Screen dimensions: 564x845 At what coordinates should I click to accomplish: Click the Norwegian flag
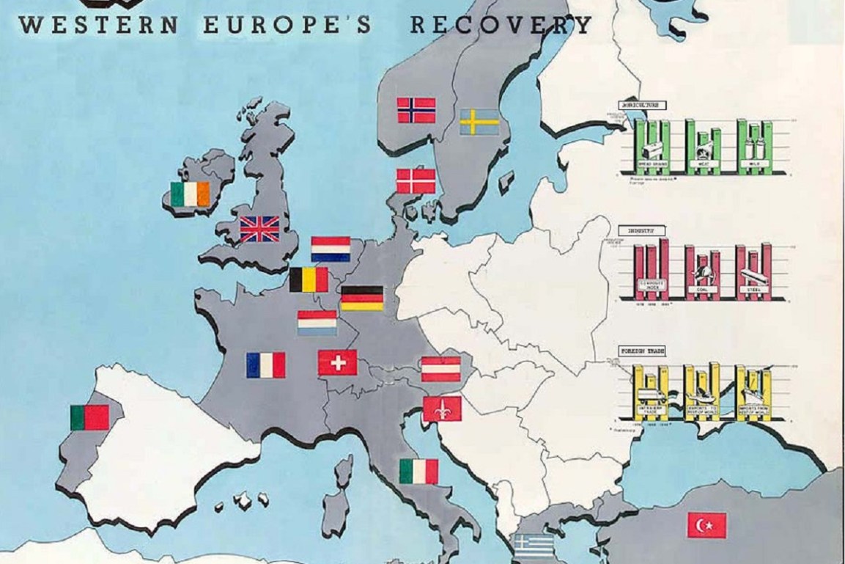click(416, 110)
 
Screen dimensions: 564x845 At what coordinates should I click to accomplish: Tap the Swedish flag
click(479, 122)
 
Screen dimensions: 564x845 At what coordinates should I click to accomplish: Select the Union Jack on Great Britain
click(260, 229)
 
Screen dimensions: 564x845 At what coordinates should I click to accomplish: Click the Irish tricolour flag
click(190, 194)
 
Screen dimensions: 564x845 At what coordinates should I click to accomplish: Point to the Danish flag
click(416, 181)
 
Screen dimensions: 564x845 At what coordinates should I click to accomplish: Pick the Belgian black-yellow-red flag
click(309, 279)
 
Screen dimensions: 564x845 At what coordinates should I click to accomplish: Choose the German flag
click(362, 298)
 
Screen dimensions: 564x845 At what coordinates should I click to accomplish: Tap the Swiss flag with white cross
click(337, 362)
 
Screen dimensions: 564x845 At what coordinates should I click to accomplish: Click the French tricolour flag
click(265, 365)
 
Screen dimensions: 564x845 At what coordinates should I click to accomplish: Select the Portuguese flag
click(89, 417)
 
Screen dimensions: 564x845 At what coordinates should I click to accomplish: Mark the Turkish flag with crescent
click(706, 525)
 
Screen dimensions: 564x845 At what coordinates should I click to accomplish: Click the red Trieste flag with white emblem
click(442, 409)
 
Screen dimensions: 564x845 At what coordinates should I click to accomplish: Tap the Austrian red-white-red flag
click(441, 369)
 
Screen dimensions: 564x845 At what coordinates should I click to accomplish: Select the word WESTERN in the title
click(99, 25)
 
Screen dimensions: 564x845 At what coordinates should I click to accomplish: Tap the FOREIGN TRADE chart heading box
click(642, 351)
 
